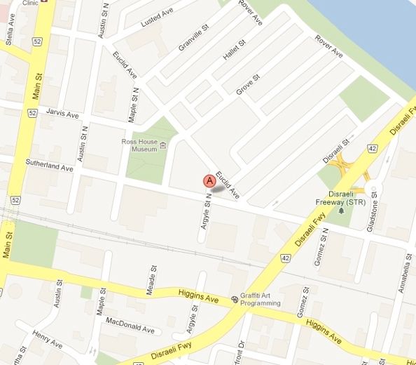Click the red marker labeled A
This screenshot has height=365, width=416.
coord(209,181)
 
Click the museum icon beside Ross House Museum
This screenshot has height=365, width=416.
coord(163,145)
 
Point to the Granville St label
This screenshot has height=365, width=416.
coord(194,37)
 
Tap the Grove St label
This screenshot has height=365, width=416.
coord(248,86)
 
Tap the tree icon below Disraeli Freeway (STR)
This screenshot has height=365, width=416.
coord(341,210)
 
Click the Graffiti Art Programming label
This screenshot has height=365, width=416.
coord(261,300)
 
